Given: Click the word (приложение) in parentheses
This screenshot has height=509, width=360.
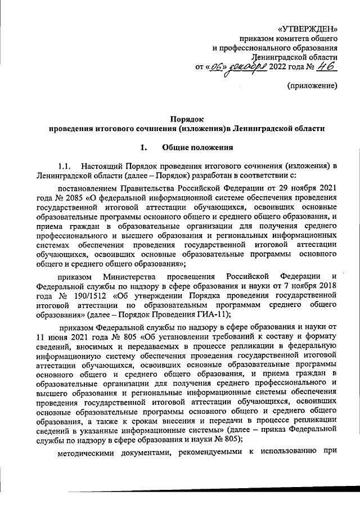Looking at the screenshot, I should click(312, 87).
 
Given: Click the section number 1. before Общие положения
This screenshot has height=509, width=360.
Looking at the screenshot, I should click(142, 148).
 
